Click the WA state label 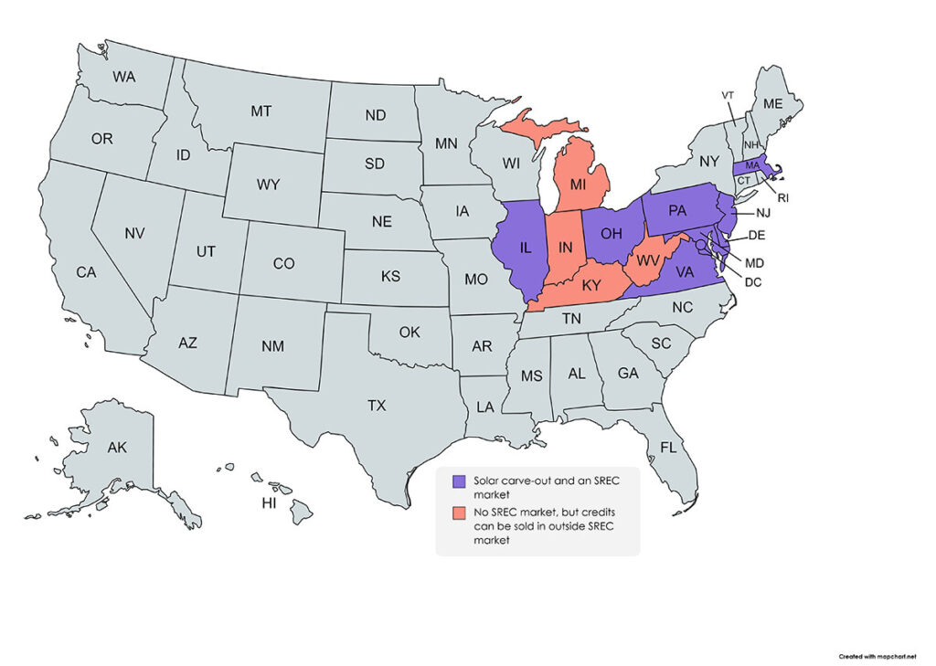coord(125,78)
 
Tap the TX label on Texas coord(377,406)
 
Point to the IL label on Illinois coord(526,248)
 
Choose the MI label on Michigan coord(578,185)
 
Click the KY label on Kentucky coord(591,285)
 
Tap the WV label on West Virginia coord(648,260)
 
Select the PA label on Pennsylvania coord(677,210)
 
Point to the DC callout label coord(753,282)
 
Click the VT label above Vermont coord(728,95)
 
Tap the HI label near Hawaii coord(269,503)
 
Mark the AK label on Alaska coord(117,448)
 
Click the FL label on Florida coord(669,448)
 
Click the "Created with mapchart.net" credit coord(878,656)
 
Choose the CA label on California coord(86,272)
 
